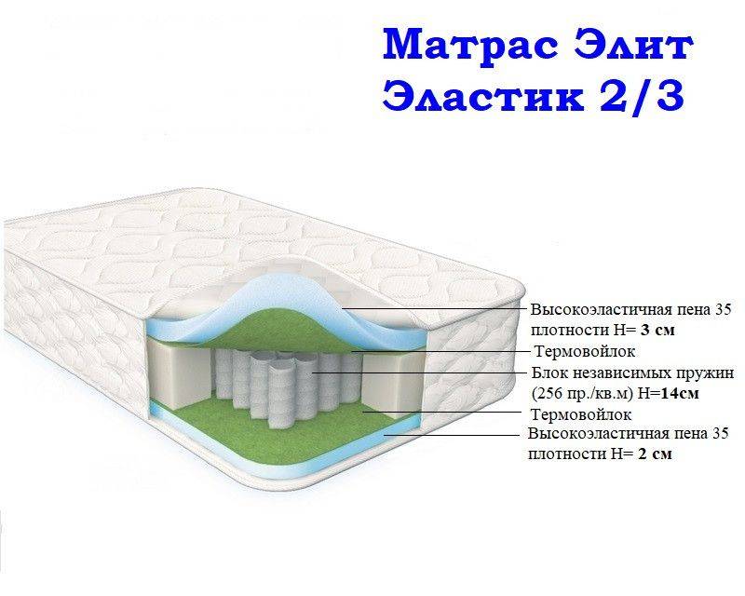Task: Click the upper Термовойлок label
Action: click(585, 351)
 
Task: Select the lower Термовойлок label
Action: click(580, 414)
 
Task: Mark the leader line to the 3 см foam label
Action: click(438, 309)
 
